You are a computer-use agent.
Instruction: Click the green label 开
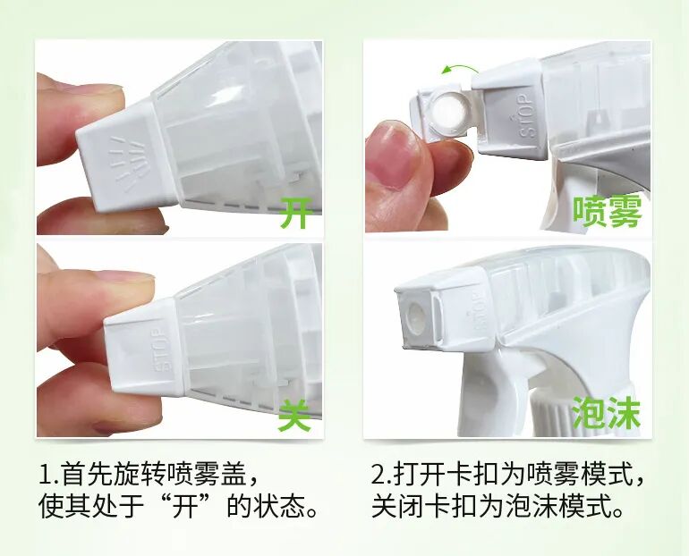coord(297,213)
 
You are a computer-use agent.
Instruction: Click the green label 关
coord(295,414)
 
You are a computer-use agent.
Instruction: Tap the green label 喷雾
coord(608,212)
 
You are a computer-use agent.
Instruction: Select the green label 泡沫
coord(606,412)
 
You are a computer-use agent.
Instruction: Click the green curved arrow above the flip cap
coord(460,68)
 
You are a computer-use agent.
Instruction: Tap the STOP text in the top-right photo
coord(525,114)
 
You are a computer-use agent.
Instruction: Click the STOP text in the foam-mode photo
coord(477,313)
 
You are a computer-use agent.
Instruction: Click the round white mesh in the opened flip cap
coord(445,112)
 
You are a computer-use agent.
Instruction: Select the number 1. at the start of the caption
coord(49,475)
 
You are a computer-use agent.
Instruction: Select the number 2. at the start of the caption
coord(382,475)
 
